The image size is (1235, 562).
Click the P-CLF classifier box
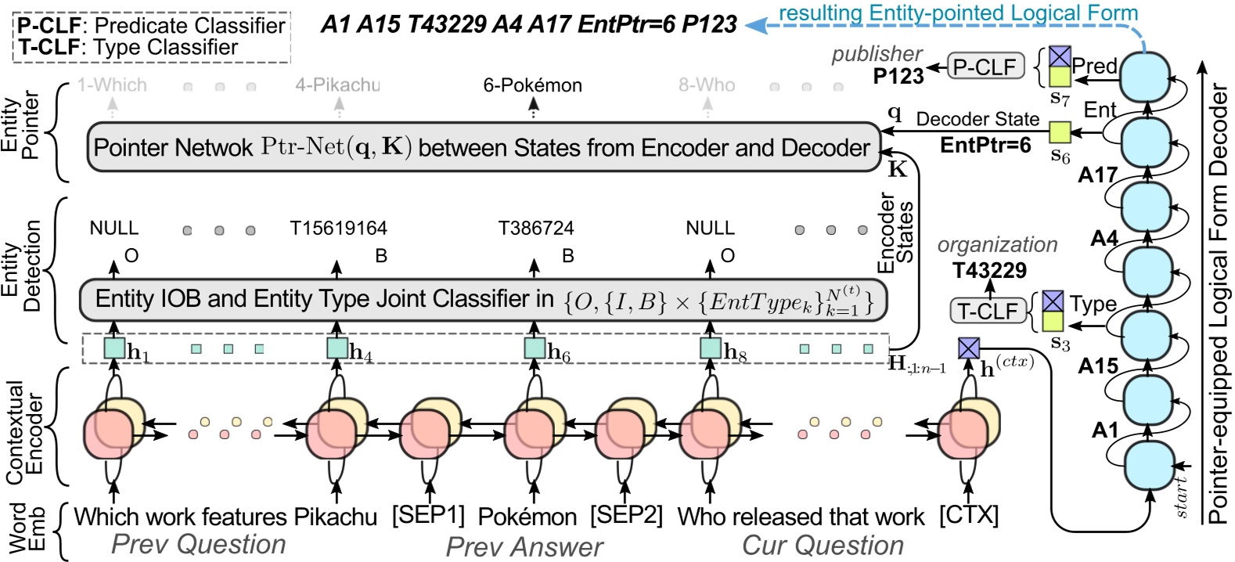tap(985, 67)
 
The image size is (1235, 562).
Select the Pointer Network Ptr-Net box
tap(483, 147)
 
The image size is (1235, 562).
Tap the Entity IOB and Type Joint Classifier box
tap(483, 300)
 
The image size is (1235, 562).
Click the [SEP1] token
tap(428, 516)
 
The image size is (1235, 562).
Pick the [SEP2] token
tap(626, 516)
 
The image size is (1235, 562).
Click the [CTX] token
tap(969, 516)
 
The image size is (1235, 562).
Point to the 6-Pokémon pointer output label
tap(532, 85)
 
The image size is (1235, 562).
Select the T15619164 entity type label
tap(338, 229)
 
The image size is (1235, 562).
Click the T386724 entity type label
tap(536, 229)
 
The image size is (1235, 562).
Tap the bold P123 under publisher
tap(898, 76)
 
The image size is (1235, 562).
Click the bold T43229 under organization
tap(989, 271)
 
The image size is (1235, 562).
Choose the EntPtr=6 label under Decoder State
tap(985, 145)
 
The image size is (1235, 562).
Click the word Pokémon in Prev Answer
tap(527, 517)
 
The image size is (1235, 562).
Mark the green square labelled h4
tap(337, 348)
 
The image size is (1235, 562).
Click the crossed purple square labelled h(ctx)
tap(969, 348)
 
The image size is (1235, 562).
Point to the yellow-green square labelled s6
tap(1060, 131)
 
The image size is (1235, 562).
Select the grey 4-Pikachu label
tap(337, 85)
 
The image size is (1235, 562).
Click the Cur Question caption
tap(823, 545)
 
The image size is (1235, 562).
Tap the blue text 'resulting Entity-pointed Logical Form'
tap(958, 13)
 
